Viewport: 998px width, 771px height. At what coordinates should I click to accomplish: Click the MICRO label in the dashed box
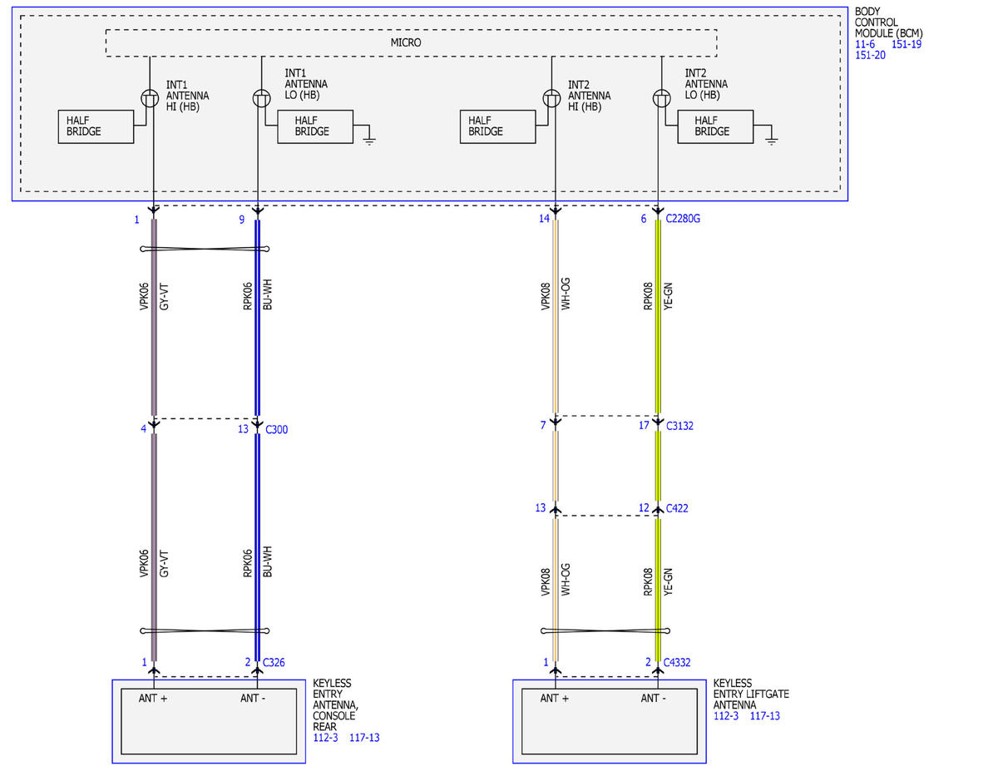tap(406, 42)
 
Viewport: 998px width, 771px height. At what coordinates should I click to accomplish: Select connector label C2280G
tap(683, 219)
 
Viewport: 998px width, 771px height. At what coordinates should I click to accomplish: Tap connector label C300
tap(276, 429)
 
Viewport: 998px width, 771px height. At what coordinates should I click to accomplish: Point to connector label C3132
tap(679, 426)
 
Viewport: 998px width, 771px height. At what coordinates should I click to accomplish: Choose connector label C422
tap(677, 508)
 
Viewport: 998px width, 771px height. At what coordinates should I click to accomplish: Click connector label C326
tap(274, 662)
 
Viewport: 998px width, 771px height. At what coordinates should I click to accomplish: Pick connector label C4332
tap(677, 662)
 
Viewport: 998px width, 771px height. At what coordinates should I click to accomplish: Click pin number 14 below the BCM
tap(544, 219)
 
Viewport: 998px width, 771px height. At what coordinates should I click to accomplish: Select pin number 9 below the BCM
tap(241, 220)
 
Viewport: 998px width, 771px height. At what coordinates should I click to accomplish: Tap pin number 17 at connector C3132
tap(644, 425)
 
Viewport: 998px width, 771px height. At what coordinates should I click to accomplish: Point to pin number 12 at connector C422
tap(644, 508)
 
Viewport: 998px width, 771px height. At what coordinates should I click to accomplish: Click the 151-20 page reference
tap(870, 55)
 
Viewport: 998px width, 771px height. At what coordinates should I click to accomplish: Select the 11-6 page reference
tap(865, 44)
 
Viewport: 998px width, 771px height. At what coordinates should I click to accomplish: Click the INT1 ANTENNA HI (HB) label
tap(187, 96)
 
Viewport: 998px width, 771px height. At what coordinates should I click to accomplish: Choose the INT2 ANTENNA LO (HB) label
tap(706, 84)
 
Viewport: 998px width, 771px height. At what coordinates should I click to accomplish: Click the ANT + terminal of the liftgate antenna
tap(555, 698)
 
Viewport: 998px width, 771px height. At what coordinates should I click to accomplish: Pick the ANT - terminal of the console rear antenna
tap(253, 698)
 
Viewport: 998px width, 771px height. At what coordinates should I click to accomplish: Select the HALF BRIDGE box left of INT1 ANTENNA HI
tap(96, 126)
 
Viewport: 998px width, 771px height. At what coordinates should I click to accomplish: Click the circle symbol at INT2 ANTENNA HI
tap(551, 98)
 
